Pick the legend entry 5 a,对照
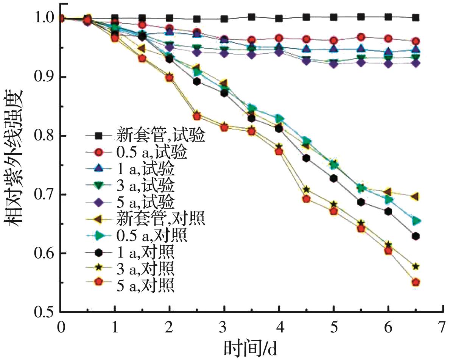(146, 285)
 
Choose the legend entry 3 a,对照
(146, 268)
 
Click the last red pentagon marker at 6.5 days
(416, 282)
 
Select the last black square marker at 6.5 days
(416, 17)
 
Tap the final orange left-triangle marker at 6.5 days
(415, 196)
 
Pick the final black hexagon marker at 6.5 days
(416, 236)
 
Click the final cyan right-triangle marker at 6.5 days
(416, 221)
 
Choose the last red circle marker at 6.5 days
(416, 41)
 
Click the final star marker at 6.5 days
(416, 266)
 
